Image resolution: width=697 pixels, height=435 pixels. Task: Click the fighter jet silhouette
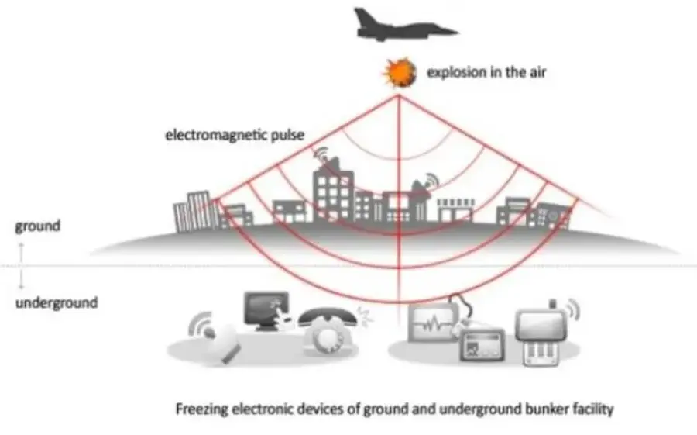(x=402, y=26)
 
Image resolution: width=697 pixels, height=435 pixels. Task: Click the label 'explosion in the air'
(x=486, y=72)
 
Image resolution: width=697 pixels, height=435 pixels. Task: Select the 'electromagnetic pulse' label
(x=235, y=135)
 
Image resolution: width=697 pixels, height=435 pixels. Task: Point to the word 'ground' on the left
(x=38, y=226)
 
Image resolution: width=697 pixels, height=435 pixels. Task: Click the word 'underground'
(x=57, y=302)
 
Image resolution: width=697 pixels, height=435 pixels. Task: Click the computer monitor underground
(x=266, y=310)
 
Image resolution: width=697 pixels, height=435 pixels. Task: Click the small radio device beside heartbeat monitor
(x=482, y=345)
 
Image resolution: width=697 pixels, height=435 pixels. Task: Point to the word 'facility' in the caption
(x=593, y=409)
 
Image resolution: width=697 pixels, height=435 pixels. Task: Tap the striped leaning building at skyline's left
(x=196, y=212)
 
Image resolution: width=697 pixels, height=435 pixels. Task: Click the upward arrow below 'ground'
(x=21, y=252)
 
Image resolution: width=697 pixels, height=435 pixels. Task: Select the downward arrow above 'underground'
(x=21, y=279)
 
